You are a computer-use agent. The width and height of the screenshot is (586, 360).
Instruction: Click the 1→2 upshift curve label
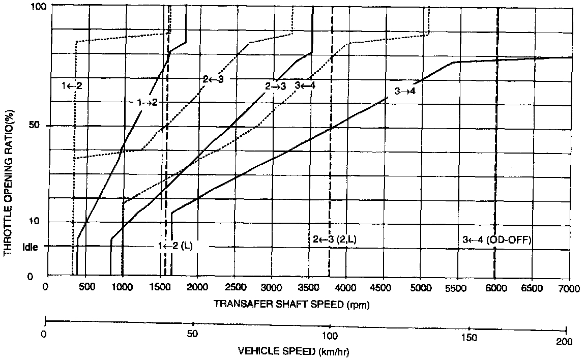pos(148,102)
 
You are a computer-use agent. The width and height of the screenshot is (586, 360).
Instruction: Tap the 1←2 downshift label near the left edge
pos(72,85)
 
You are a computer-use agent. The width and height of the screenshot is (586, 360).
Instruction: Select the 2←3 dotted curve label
pos(213,79)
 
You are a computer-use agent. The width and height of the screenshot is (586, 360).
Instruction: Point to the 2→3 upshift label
pos(276,86)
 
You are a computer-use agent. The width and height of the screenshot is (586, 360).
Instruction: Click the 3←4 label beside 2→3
pos(305,85)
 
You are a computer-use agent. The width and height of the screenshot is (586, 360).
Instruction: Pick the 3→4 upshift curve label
pos(405,92)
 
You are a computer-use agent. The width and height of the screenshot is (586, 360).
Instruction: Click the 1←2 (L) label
pos(175,246)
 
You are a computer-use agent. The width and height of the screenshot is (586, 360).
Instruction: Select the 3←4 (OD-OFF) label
pos(497,240)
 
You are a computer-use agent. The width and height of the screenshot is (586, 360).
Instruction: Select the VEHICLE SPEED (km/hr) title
pos(294,351)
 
